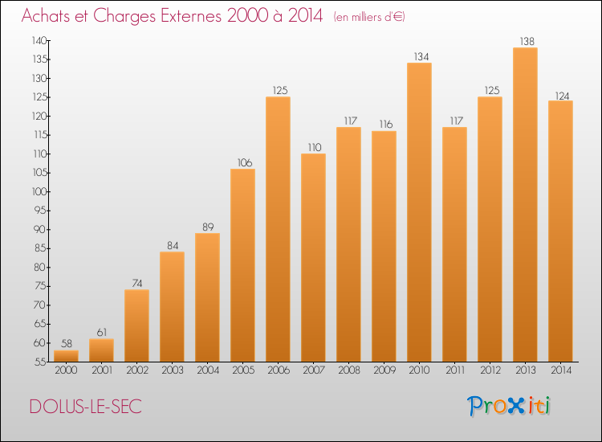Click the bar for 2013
point(525,204)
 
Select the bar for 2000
point(66,356)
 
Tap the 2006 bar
point(278,229)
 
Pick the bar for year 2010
point(419,212)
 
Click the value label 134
point(421,56)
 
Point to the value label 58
point(67,344)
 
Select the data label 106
point(245,162)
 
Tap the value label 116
point(386,124)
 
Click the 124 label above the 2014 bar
point(562,96)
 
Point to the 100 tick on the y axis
point(39,191)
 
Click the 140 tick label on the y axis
point(39,40)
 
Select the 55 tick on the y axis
point(41,362)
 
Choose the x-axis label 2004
point(208,370)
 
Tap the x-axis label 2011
point(455,370)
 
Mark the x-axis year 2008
point(349,370)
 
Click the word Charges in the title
point(124,16)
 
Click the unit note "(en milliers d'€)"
point(369,17)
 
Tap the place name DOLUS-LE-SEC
point(86,407)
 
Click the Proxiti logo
point(509,406)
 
